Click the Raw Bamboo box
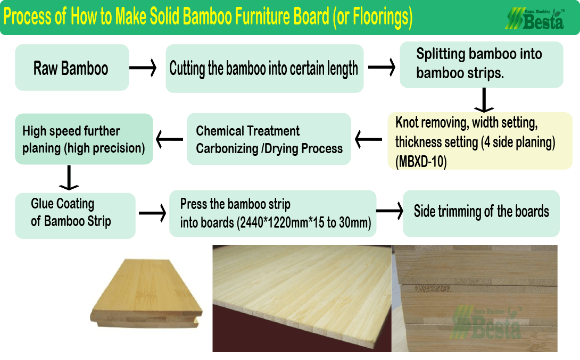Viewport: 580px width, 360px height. [72, 68]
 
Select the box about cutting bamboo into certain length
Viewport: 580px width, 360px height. [264, 69]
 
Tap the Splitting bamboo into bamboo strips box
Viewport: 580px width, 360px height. [482, 64]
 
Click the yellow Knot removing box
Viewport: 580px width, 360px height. [480, 141]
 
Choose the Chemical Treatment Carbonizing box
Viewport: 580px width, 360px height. [269, 139]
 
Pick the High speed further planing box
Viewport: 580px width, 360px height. [84, 139]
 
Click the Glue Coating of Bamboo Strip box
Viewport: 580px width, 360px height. [75, 215]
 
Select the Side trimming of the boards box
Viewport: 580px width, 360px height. [481, 213]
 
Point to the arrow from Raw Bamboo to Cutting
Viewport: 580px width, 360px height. [143, 68]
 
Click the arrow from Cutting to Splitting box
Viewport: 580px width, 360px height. [382, 68]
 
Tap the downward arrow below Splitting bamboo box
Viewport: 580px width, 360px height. [484, 100]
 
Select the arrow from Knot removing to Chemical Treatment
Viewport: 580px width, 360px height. [368, 139]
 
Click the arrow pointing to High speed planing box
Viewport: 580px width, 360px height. [169, 139]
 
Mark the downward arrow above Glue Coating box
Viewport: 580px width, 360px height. [69, 178]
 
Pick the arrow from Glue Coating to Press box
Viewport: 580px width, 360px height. [152, 213]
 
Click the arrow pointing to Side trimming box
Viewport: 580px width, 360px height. [390, 211]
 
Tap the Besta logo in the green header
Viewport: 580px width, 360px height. [535, 19]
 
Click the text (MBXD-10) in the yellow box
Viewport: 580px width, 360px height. [421, 162]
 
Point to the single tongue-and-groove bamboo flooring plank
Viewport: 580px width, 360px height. [146, 294]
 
